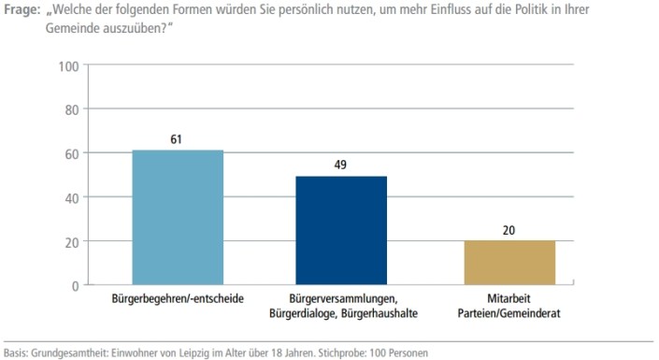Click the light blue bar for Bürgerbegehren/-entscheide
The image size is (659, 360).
click(178, 217)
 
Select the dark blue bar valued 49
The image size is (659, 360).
click(341, 230)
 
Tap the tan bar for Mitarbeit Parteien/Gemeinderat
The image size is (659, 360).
click(509, 262)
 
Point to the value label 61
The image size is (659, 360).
click(177, 139)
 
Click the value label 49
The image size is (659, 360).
click(341, 166)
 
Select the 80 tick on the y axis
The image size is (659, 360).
click(69, 109)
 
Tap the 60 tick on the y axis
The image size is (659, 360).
click(69, 153)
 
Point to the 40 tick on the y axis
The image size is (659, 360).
click(69, 197)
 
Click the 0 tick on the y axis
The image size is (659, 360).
click(73, 285)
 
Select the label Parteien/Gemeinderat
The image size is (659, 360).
click(509, 314)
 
